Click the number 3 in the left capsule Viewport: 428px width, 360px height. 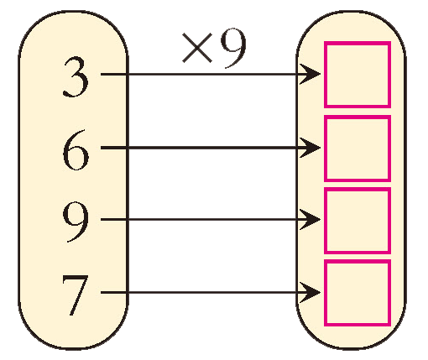pyautogui.click(x=76, y=77)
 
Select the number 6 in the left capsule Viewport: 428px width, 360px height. pyautogui.click(x=76, y=150)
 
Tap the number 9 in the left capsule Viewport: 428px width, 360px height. pyautogui.click(x=76, y=222)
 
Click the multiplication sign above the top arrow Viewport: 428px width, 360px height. pyautogui.click(x=197, y=48)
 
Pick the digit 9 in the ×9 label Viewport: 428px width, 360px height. pyautogui.click(x=233, y=48)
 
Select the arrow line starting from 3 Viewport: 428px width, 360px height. pyautogui.click(x=211, y=74)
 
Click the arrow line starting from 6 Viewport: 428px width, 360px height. pyautogui.click(x=211, y=148)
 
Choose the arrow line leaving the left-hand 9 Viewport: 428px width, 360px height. pyautogui.click(x=211, y=220)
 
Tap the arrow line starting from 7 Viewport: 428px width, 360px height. pyautogui.click(x=211, y=293)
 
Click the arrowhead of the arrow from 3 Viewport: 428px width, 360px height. pyautogui.click(x=311, y=74)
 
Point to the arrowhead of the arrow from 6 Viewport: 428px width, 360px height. pyautogui.click(x=311, y=148)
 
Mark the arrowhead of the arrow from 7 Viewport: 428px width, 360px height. pyautogui.click(x=311, y=293)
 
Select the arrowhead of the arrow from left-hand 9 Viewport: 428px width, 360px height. pyautogui.click(x=311, y=220)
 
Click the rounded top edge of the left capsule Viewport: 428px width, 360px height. pyautogui.click(x=73, y=12)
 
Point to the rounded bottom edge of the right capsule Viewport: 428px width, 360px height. pyautogui.click(x=352, y=348)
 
